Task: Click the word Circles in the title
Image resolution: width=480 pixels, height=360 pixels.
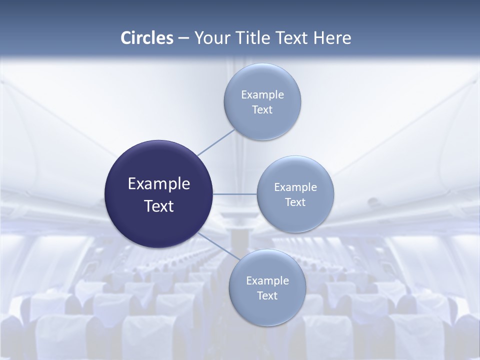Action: click(147, 37)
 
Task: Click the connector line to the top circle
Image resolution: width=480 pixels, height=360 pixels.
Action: click(216, 142)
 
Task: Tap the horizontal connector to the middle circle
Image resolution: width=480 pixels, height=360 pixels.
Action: click(235, 194)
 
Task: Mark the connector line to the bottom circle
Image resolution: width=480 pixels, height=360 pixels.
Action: click(216, 245)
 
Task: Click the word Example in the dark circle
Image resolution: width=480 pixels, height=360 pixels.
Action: click(159, 184)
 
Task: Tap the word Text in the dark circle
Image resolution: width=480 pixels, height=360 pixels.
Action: click(159, 206)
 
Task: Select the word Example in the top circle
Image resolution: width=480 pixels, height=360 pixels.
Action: click(262, 95)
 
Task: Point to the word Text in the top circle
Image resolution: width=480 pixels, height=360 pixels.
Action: click(262, 110)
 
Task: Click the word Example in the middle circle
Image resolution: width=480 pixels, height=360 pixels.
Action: click(295, 187)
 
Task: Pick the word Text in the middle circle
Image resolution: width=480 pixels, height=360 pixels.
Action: click(295, 202)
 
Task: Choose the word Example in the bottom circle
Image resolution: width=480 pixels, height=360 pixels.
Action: click(267, 281)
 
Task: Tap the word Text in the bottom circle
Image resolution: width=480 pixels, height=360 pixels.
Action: click(267, 296)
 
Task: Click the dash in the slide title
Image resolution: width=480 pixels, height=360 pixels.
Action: click(183, 38)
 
